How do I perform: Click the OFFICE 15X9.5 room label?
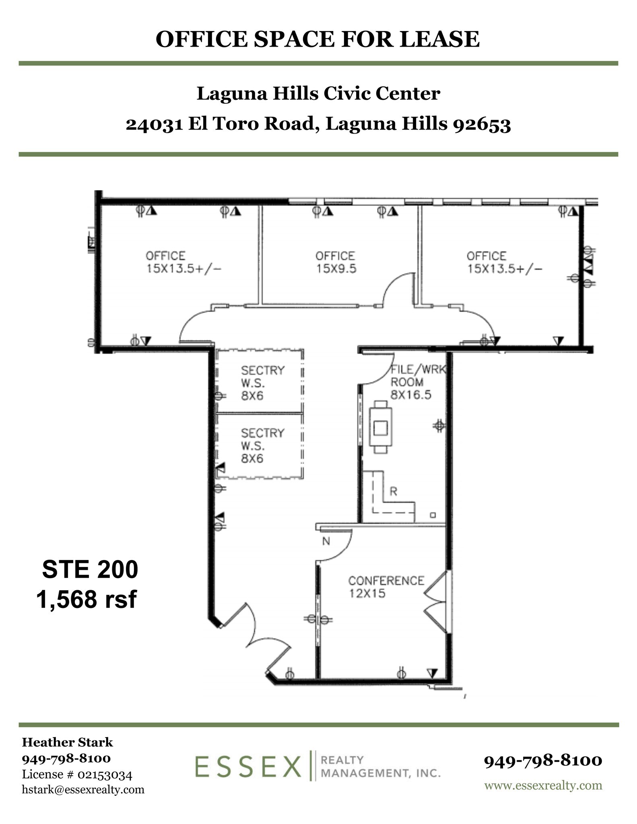(335, 262)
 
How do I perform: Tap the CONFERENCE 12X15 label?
(385, 587)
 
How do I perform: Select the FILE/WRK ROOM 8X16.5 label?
(418, 382)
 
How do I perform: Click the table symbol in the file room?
(380, 427)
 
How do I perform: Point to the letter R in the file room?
(394, 491)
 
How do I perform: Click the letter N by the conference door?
(326, 542)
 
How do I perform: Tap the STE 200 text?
(90, 569)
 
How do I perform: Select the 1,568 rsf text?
(87, 599)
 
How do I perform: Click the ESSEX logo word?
(248, 767)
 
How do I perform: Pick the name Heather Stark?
(67, 742)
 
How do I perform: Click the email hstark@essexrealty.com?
(83, 789)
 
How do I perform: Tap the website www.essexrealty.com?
(543, 785)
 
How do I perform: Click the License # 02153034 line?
(77, 774)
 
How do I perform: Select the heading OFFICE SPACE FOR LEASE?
(317, 39)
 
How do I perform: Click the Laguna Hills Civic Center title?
(318, 94)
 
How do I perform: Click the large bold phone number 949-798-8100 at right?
(543, 760)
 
